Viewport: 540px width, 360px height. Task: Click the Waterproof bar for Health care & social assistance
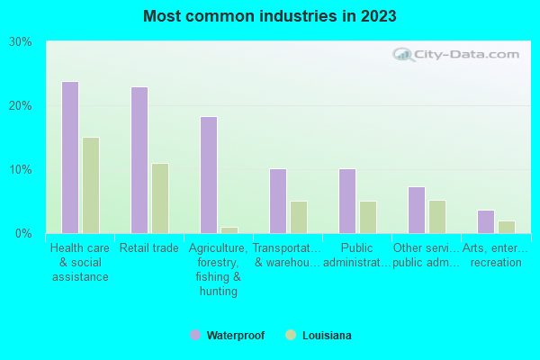click(x=69, y=157)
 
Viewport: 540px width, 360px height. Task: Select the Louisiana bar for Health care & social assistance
click(x=91, y=185)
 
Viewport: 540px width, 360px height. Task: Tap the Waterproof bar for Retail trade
click(x=139, y=160)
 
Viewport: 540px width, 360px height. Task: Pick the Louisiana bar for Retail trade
click(x=160, y=198)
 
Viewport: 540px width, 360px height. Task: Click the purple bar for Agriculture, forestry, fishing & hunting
click(x=209, y=175)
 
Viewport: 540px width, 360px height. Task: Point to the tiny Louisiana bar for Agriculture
click(x=229, y=230)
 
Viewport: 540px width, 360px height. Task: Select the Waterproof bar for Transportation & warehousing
click(x=278, y=201)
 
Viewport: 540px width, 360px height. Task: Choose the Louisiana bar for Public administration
click(x=368, y=217)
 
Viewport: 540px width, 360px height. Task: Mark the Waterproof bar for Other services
click(x=417, y=210)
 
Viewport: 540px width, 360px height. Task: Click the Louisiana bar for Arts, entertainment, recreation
click(x=507, y=227)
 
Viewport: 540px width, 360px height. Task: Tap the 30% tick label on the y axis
click(x=21, y=42)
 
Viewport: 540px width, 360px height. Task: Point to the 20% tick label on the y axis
click(x=21, y=106)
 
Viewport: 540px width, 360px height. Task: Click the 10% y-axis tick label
click(x=21, y=170)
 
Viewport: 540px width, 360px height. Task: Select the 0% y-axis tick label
click(x=23, y=234)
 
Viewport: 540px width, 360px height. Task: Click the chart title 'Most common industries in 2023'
click(x=269, y=16)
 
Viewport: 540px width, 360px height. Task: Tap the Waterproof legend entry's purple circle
click(x=195, y=336)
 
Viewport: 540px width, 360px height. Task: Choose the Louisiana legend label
click(x=327, y=336)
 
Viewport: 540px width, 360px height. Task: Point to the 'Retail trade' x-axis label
click(x=149, y=248)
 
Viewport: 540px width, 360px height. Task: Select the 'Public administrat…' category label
click(x=357, y=256)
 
